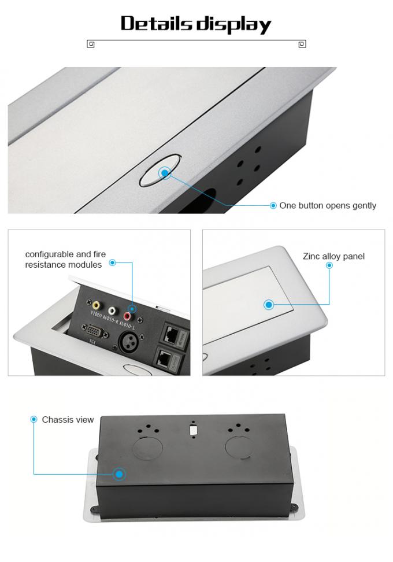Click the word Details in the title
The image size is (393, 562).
156,24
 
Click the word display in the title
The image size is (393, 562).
233,25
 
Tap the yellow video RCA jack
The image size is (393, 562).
95,304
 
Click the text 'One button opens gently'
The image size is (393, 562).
327,205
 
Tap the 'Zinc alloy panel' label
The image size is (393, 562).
333,256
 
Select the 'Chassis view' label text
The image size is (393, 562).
68,420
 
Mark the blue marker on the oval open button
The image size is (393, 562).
165,172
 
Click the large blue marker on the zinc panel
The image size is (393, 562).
269,305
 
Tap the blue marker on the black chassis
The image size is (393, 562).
119,474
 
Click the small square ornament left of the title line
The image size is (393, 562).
91,44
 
